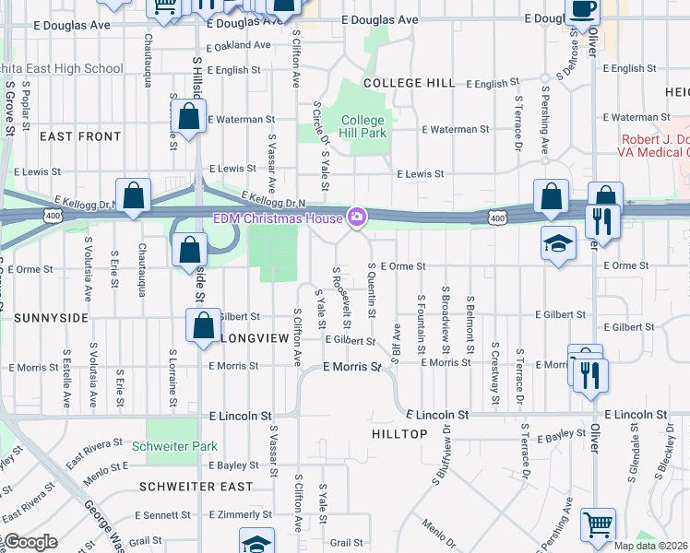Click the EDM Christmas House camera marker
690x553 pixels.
356,218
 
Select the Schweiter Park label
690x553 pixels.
174,446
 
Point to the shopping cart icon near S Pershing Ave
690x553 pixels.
599,524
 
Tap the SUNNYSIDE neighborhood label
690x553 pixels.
51,317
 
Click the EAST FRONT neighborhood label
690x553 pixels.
80,136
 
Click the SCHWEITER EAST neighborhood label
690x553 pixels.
196,486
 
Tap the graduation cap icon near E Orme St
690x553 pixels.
558,242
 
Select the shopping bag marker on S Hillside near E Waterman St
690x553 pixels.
188,117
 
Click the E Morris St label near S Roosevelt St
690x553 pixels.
351,367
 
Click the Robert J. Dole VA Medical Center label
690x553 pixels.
649,145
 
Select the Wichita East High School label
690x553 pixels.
61,68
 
